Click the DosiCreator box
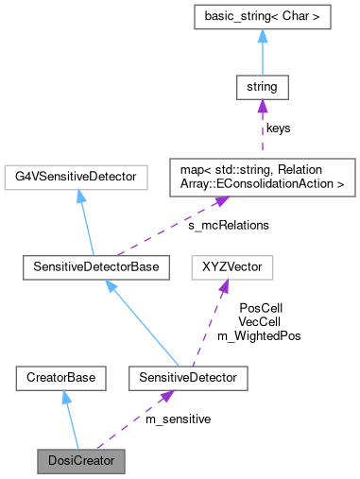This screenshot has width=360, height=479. [80, 463]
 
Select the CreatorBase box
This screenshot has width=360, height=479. [57, 378]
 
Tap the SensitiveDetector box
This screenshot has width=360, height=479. [176, 378]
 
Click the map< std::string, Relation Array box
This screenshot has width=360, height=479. [262, 176]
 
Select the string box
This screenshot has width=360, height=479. [262, 90]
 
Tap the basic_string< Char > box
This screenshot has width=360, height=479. [262, 17]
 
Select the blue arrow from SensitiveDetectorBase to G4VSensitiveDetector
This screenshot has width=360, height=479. [83, 222]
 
